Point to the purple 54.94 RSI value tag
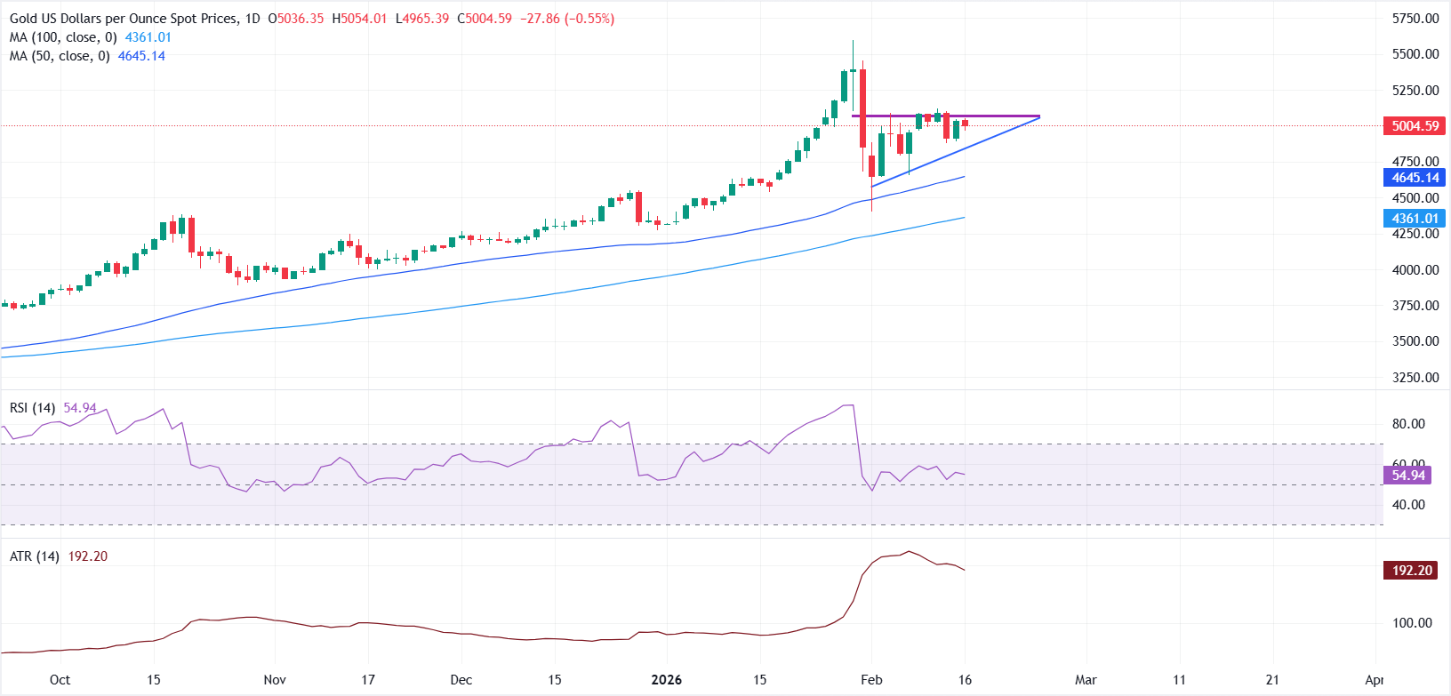[x=1407, y=476]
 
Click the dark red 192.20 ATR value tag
[x=1411, y=571]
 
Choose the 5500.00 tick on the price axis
[x=1415, y=54]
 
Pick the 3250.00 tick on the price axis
[x=1415, y=378]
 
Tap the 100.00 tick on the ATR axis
[x=1412, y=623]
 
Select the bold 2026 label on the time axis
[x=666, y=680]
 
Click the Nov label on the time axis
[x=275, y=680]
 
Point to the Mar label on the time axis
[x=1086, y=680]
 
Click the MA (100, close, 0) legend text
[x=63, y=37]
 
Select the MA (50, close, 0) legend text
[x=60, y=56]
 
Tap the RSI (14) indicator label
[x=32, y=408]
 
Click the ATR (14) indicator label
[x=35, y=556]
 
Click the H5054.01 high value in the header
[x=360, y=19]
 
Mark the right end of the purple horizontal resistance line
[x=1039, y=116]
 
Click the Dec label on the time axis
[x=461, y=680]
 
